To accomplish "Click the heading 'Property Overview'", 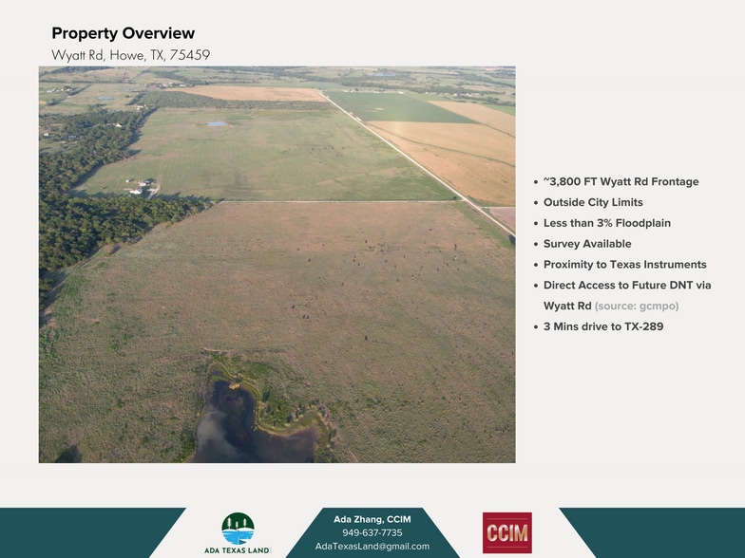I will pyautogui.click(x=123, y=34).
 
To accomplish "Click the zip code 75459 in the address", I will pyautogui.click(x=190, y=55).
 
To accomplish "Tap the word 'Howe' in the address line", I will pyautogui.click(x=127, y=55).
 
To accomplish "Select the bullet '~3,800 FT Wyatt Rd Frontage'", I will pyautogui.click(x=621, y=181).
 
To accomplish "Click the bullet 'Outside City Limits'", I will pyautogui.click(x=593, y=202).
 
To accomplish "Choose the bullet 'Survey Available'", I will pyautogui.click(x=586, y=244).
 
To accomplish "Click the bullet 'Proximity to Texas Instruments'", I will pyautogui.click(x=624, y=265).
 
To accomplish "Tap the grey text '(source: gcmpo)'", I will pyautogui.click(x=637, y=306).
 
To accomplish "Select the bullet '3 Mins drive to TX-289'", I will pyautogui.click(x=602, y=326).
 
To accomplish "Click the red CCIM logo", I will pyautogui.click(x=506, y=532).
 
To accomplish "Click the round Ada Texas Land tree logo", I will pyautogui.click(x=238, y=528).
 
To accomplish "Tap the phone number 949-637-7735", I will pyautogui.click(x=372, y=532).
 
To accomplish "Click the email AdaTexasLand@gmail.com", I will pyautogui.click(x=372, y=546).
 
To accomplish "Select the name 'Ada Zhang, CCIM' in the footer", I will pyautogui.click(x=372, y=519).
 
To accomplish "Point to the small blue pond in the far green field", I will pyautogui.click(x=217, y=123).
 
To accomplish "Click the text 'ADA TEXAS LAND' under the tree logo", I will pyautogui.click(x=237, y=550).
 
